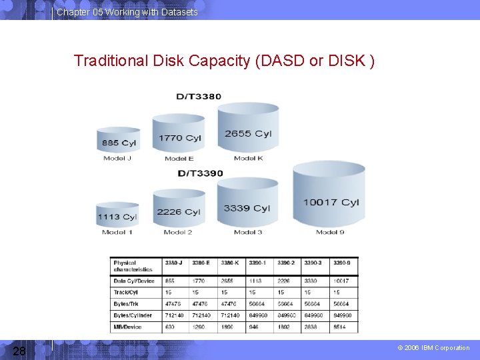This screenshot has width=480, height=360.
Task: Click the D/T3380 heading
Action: point(199,97)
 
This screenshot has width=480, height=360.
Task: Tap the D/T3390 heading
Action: point(199,173)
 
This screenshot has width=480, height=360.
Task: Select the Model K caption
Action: point(249,159)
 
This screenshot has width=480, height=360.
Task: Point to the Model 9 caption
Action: point(331,232)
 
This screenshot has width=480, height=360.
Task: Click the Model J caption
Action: point(118,159)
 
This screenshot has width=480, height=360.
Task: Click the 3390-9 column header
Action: point(342,263)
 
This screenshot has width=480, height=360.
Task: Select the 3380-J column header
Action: point(174,263)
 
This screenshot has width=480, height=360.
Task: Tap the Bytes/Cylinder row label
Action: point(133,315)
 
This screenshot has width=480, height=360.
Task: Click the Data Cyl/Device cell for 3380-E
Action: point(199,281)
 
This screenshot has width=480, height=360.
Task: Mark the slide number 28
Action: point(20,351)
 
